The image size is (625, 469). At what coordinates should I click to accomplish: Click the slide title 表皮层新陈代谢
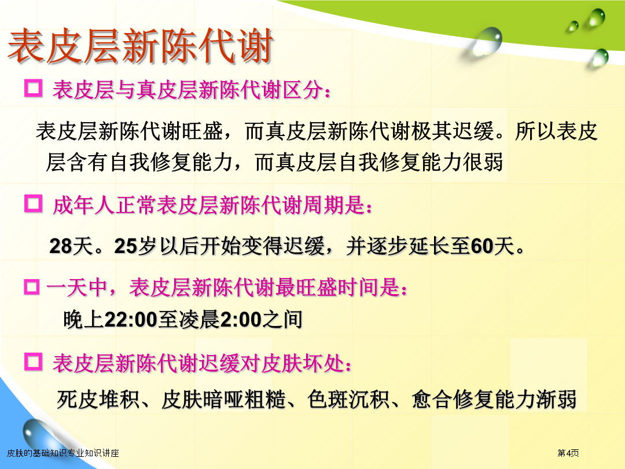click(x=141, y=46)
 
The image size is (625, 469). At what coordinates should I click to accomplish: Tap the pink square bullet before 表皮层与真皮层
click(x=34, y=88)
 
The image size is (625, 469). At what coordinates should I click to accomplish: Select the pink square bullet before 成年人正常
click(x=34, y=204)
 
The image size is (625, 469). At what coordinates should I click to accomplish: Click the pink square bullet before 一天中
click(x=32, y=287)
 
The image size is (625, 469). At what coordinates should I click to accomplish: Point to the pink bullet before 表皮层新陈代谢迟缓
click(x=34, y=362)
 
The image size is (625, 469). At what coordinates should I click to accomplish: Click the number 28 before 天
click(x=61, y=246)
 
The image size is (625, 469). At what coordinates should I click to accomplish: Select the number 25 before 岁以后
click(x=126, y=246)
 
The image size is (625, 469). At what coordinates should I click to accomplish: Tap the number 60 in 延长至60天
click(x=482, y=246)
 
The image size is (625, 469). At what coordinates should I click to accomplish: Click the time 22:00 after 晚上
click(x=131, y=320)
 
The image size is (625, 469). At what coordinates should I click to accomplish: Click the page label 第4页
click(x=568, y=453)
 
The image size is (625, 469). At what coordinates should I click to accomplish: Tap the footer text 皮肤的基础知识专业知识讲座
click(x=63, y=453)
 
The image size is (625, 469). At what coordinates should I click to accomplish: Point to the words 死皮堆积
click(x=98, y=400)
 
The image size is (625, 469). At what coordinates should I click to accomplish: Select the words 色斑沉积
click(x=348, y=400)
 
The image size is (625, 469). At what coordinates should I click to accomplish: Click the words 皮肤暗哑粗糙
click(x=223, y=400)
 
